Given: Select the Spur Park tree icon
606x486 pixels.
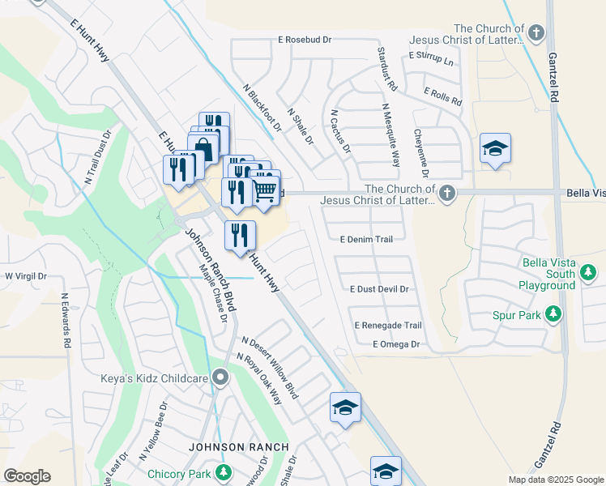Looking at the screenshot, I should pyautogui.click(x=553, y=313).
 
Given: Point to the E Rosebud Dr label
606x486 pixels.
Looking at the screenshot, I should pyautogui.click(x=305, y=39).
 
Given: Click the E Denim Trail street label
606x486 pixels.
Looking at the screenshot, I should pyautogui.click(x=366, y=240).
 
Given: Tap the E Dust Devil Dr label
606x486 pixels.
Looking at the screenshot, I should pyautogui.click(x=379, y=288).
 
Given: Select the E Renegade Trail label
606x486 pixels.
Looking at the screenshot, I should pyautogui.click(x=388, y=326).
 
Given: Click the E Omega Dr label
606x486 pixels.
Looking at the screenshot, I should pyautogui.click(x=395, y=344).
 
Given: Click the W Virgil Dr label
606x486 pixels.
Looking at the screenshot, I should pyautogui.click(x=26, y=276).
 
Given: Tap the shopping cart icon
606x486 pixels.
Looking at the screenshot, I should pyautogui.click(x=265, y=190).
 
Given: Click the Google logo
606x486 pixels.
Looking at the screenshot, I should pyautogui.click(x=27, y=476).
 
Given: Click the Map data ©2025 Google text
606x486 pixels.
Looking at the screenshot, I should pyautogui.click(x=556, y=480).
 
